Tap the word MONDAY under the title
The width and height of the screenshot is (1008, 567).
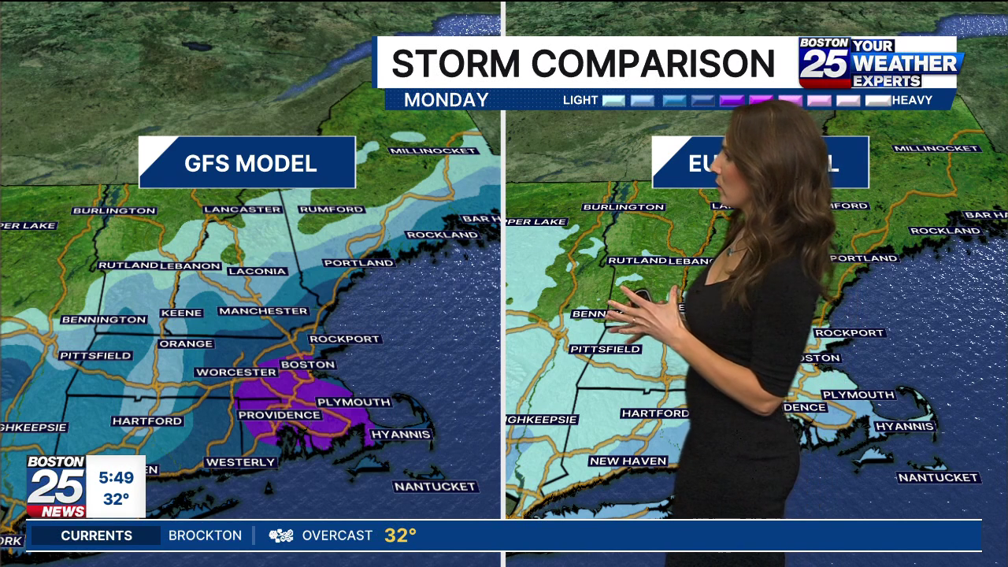click(446, 100)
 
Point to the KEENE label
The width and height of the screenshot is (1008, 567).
click(181, 313)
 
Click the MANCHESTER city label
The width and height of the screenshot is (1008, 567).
click(263, 311)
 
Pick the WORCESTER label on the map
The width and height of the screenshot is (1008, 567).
click(236, 372)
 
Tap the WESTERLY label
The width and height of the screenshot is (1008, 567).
click(240, 462)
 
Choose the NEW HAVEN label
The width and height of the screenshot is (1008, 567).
click(628, 461)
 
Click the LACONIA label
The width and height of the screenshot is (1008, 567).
click(257, 271)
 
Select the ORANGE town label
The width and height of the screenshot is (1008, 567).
click(186, 343)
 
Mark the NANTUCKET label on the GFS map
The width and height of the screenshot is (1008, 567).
click(435, 487)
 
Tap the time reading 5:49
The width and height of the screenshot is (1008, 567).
click(116, 477)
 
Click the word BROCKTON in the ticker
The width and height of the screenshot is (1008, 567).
click(205, 535)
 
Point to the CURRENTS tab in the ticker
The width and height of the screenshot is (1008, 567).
click(96, 535)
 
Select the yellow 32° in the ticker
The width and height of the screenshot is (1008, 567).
click(400, 535)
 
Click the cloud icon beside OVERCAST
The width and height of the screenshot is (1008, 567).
click(281, 535)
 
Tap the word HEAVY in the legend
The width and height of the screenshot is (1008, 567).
click(912, 100)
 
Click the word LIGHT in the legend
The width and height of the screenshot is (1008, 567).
click(580, 100)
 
